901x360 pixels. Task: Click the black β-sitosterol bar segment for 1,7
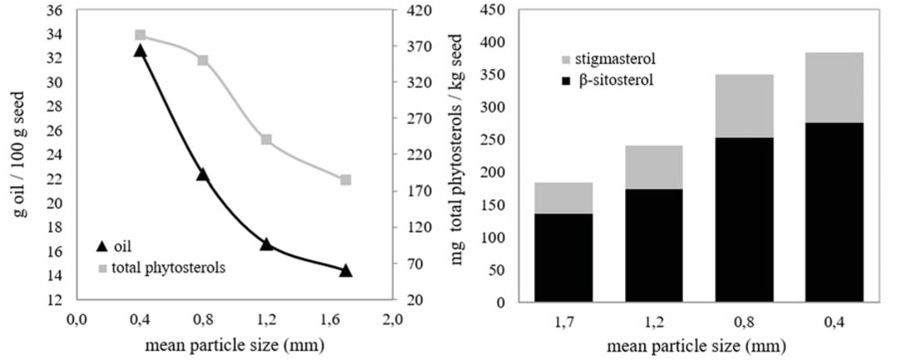pos(563,258)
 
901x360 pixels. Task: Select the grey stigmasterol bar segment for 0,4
pos(834,87)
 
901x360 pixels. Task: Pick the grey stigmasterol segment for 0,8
pos(743,106)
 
